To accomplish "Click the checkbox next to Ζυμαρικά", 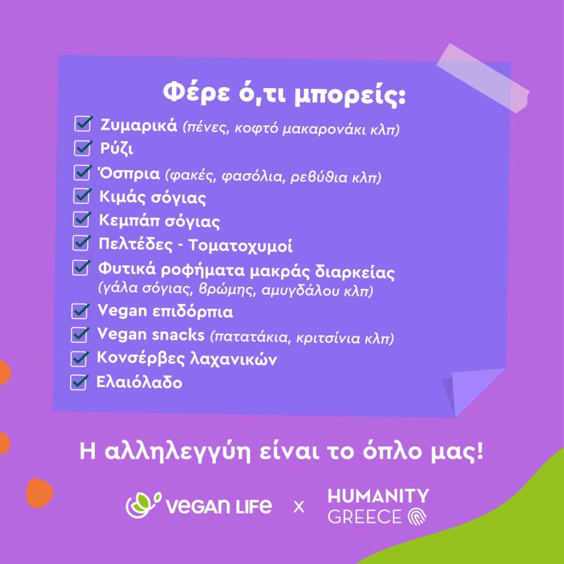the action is [83, 124].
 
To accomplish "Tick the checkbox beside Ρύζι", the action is [83, 148].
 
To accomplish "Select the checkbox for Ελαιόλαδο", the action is [79, 382].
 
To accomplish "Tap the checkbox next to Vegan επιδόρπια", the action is [80, 311].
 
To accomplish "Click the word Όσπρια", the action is [129, 173].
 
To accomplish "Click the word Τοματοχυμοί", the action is [240, 246].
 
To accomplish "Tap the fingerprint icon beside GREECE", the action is [417, 517].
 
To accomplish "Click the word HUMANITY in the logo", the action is [378, 496].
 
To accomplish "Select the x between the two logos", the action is [299, 507].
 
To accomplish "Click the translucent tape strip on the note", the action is [482, 78].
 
